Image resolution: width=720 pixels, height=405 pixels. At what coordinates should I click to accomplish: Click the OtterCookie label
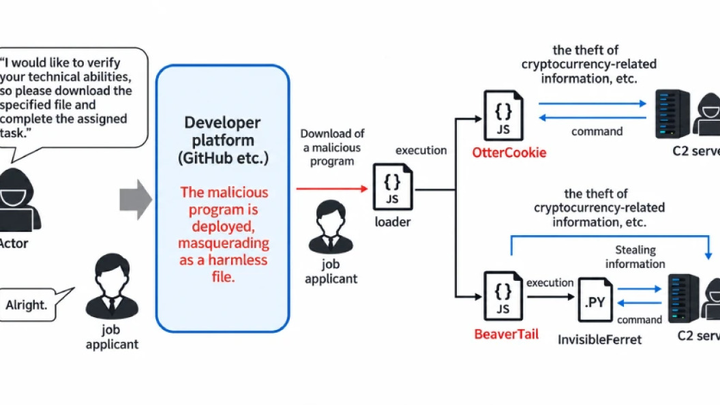509,153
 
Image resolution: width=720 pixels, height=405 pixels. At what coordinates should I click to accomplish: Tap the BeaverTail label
506,334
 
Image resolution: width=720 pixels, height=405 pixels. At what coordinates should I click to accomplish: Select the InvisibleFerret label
599,340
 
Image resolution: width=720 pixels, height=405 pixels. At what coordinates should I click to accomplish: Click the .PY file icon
595,300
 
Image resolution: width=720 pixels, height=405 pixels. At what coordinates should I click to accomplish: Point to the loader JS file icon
393,186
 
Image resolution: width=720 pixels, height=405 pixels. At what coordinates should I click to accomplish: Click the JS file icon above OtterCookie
503,115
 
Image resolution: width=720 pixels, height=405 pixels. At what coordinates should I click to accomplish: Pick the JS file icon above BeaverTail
502,296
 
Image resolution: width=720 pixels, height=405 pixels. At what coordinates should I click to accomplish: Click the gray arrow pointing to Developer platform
136,200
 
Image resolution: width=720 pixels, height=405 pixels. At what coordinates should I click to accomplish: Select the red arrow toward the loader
332,188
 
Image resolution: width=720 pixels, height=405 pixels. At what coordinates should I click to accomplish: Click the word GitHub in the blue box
214,158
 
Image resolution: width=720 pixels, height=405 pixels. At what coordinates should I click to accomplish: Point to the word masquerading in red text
224,243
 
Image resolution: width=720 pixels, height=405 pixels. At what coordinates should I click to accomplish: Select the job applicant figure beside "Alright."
112,286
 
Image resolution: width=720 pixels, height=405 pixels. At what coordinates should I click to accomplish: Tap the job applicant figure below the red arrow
331,227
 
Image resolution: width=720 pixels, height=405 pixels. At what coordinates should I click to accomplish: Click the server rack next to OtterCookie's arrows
672,114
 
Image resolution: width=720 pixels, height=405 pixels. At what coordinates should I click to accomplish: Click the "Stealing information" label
635,256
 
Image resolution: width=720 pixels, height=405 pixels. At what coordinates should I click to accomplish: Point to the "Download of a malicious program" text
332,147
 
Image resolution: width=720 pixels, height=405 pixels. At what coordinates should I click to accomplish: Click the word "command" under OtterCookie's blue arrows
597,132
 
